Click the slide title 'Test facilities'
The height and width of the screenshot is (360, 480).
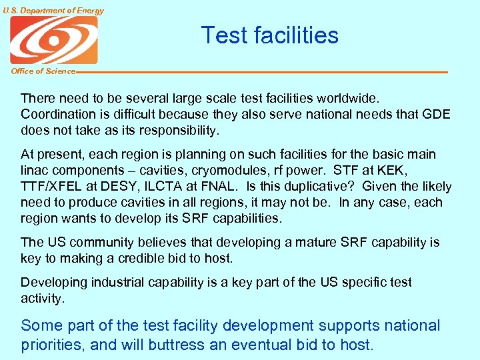coord(269,35)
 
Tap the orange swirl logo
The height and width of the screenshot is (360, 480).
coord(53,39)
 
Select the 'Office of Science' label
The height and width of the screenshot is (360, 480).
coord(43,71)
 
